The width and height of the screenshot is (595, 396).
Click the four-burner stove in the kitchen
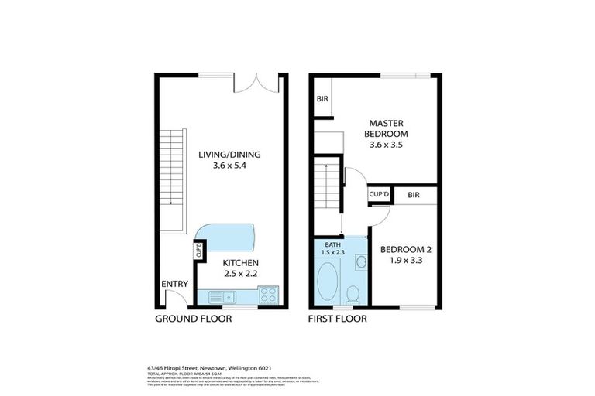point(268,294)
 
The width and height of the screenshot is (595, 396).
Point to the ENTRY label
point(174,284)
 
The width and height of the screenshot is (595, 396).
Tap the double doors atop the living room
point(256,83)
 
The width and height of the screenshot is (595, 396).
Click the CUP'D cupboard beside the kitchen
point(199,251)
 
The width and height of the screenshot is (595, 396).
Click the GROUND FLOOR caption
point(193,318)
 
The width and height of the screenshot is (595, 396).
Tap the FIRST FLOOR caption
point(337,318)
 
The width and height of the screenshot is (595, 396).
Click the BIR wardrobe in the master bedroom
point(322,99)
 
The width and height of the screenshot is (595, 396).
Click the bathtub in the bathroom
point(328,282)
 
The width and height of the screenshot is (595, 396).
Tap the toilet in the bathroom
point(353,292)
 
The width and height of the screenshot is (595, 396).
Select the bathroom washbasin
point(360,264)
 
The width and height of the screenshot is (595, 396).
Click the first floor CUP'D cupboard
point(379,195)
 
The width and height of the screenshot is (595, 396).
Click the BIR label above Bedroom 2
point(414,195)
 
